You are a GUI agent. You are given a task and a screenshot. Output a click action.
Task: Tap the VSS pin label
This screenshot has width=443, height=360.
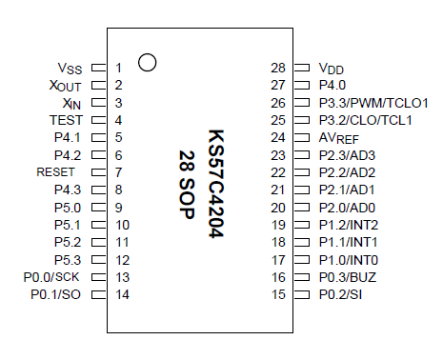click(x=70, y=69)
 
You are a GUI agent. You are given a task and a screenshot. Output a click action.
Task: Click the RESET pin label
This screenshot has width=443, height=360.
click(x=54, y=172)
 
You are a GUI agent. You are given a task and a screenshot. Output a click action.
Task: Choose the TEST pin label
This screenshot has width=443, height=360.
click(x=65, y=120)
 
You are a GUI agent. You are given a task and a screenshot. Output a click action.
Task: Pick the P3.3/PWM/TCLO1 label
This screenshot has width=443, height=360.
click(x=373, y=103)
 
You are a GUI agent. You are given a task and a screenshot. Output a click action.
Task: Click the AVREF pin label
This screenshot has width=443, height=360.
click(x=338, y=138)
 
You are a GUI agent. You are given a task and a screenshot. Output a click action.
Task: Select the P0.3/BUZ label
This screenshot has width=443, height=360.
click(x=347, y=277)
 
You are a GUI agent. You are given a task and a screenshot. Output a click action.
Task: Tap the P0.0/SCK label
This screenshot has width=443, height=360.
click(x=52, y=277)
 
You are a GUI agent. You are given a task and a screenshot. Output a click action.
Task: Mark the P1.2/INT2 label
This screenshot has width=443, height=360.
click(x=349, y=225)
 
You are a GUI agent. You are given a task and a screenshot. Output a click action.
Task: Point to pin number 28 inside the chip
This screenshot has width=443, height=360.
click(x=278, y=69)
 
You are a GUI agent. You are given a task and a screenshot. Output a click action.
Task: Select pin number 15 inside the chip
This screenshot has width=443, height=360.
click(x=278, y=294)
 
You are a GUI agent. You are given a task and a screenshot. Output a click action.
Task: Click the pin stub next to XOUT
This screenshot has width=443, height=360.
click(x=98, y=86)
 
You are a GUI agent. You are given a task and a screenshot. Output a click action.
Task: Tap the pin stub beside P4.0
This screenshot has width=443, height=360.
click(x=303, y=86)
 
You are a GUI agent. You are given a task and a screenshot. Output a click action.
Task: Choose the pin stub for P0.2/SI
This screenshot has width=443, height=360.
click(x=303, y=294)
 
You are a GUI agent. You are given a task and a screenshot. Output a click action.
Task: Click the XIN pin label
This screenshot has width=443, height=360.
click(x=70, y=103)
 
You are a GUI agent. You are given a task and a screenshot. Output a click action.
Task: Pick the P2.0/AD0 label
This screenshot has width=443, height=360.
click(x=347, y=208)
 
